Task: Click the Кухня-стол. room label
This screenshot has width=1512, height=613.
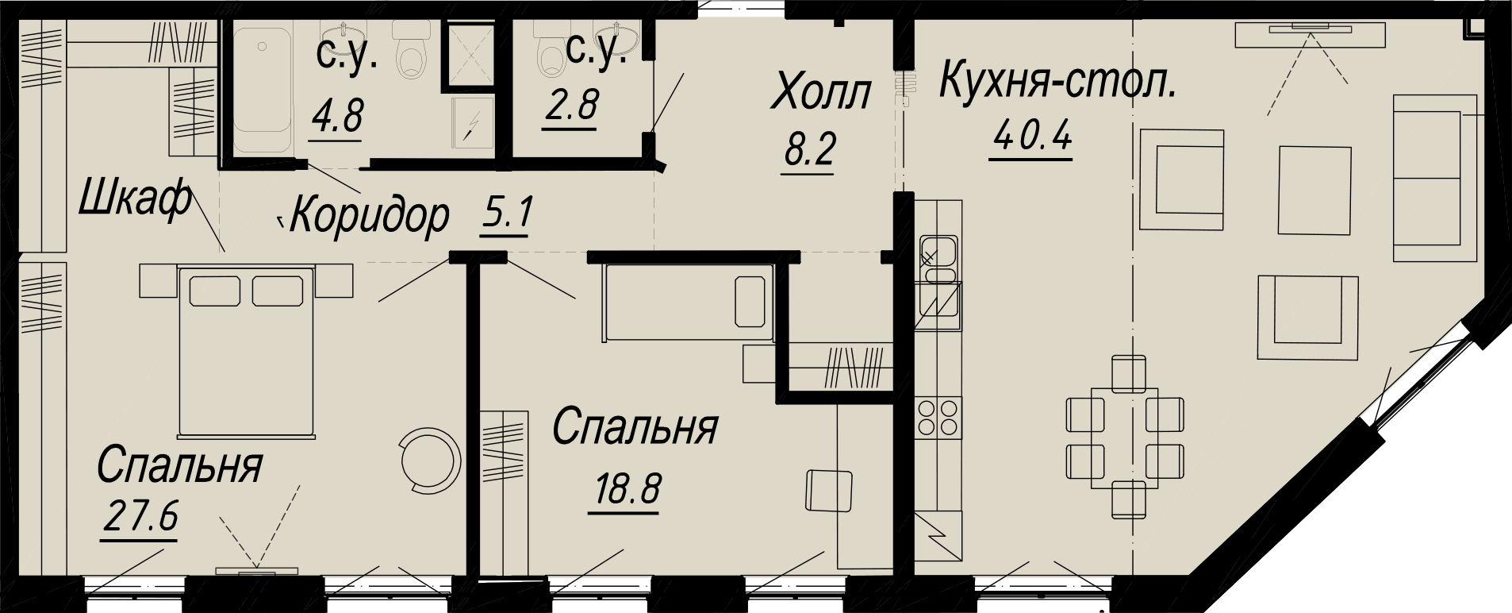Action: tap(1057, 83)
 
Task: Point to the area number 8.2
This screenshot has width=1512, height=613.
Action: tap(808, 149)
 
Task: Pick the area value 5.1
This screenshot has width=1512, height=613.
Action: tap(506, 214)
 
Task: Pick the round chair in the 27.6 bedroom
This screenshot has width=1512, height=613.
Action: tap(430, 460)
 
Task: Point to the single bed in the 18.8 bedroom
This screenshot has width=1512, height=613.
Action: tap(687, 303)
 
